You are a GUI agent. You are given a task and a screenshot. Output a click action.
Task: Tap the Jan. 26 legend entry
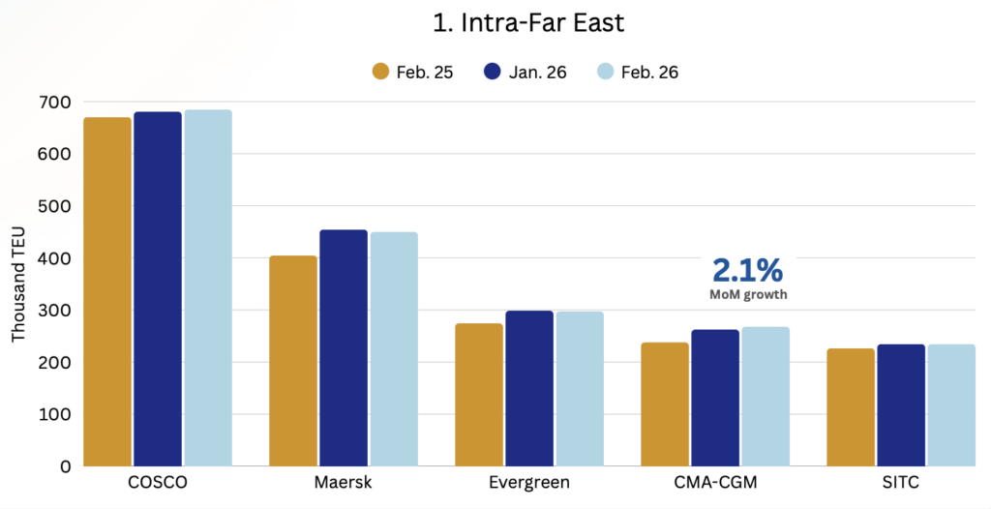click(522, 72)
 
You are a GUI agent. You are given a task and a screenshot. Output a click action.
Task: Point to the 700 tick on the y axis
click(53, 102)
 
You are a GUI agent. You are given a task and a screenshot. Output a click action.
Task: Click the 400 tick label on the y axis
click(53, 258)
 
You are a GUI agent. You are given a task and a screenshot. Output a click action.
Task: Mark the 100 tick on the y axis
click(53, 414)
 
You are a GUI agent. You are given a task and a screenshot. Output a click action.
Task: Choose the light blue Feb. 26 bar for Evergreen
click(580, 388)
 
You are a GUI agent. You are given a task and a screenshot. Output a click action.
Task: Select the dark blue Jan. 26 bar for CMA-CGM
click(715, 398)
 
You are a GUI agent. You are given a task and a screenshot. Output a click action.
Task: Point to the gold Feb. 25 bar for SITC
click(851, 406)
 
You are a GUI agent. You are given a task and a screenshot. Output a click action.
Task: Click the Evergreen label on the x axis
click(529, 482)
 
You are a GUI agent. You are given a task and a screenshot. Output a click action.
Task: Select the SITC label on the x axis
click(901, 482)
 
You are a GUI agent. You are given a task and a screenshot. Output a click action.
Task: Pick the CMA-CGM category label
click(715, 482)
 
